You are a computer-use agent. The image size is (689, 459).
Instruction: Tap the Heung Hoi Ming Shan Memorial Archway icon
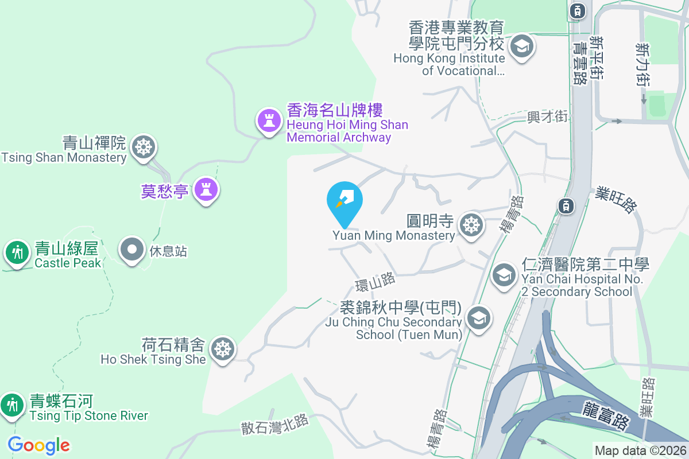(x=268, y=120)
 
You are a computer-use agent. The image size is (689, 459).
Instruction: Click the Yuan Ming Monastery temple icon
(x=471, y=224)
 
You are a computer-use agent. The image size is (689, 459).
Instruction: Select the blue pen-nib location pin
(x=344, y=200)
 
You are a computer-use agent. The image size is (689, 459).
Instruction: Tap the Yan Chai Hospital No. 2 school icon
(x=504, y=275)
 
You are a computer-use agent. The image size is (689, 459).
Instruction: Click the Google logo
(x=38, y=445)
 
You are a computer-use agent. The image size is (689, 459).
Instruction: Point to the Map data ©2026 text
(x=640, y=450)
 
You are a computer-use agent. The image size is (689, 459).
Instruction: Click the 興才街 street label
(x=547, y=117)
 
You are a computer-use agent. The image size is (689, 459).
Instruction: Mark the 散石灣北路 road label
(x=275, y=423)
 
